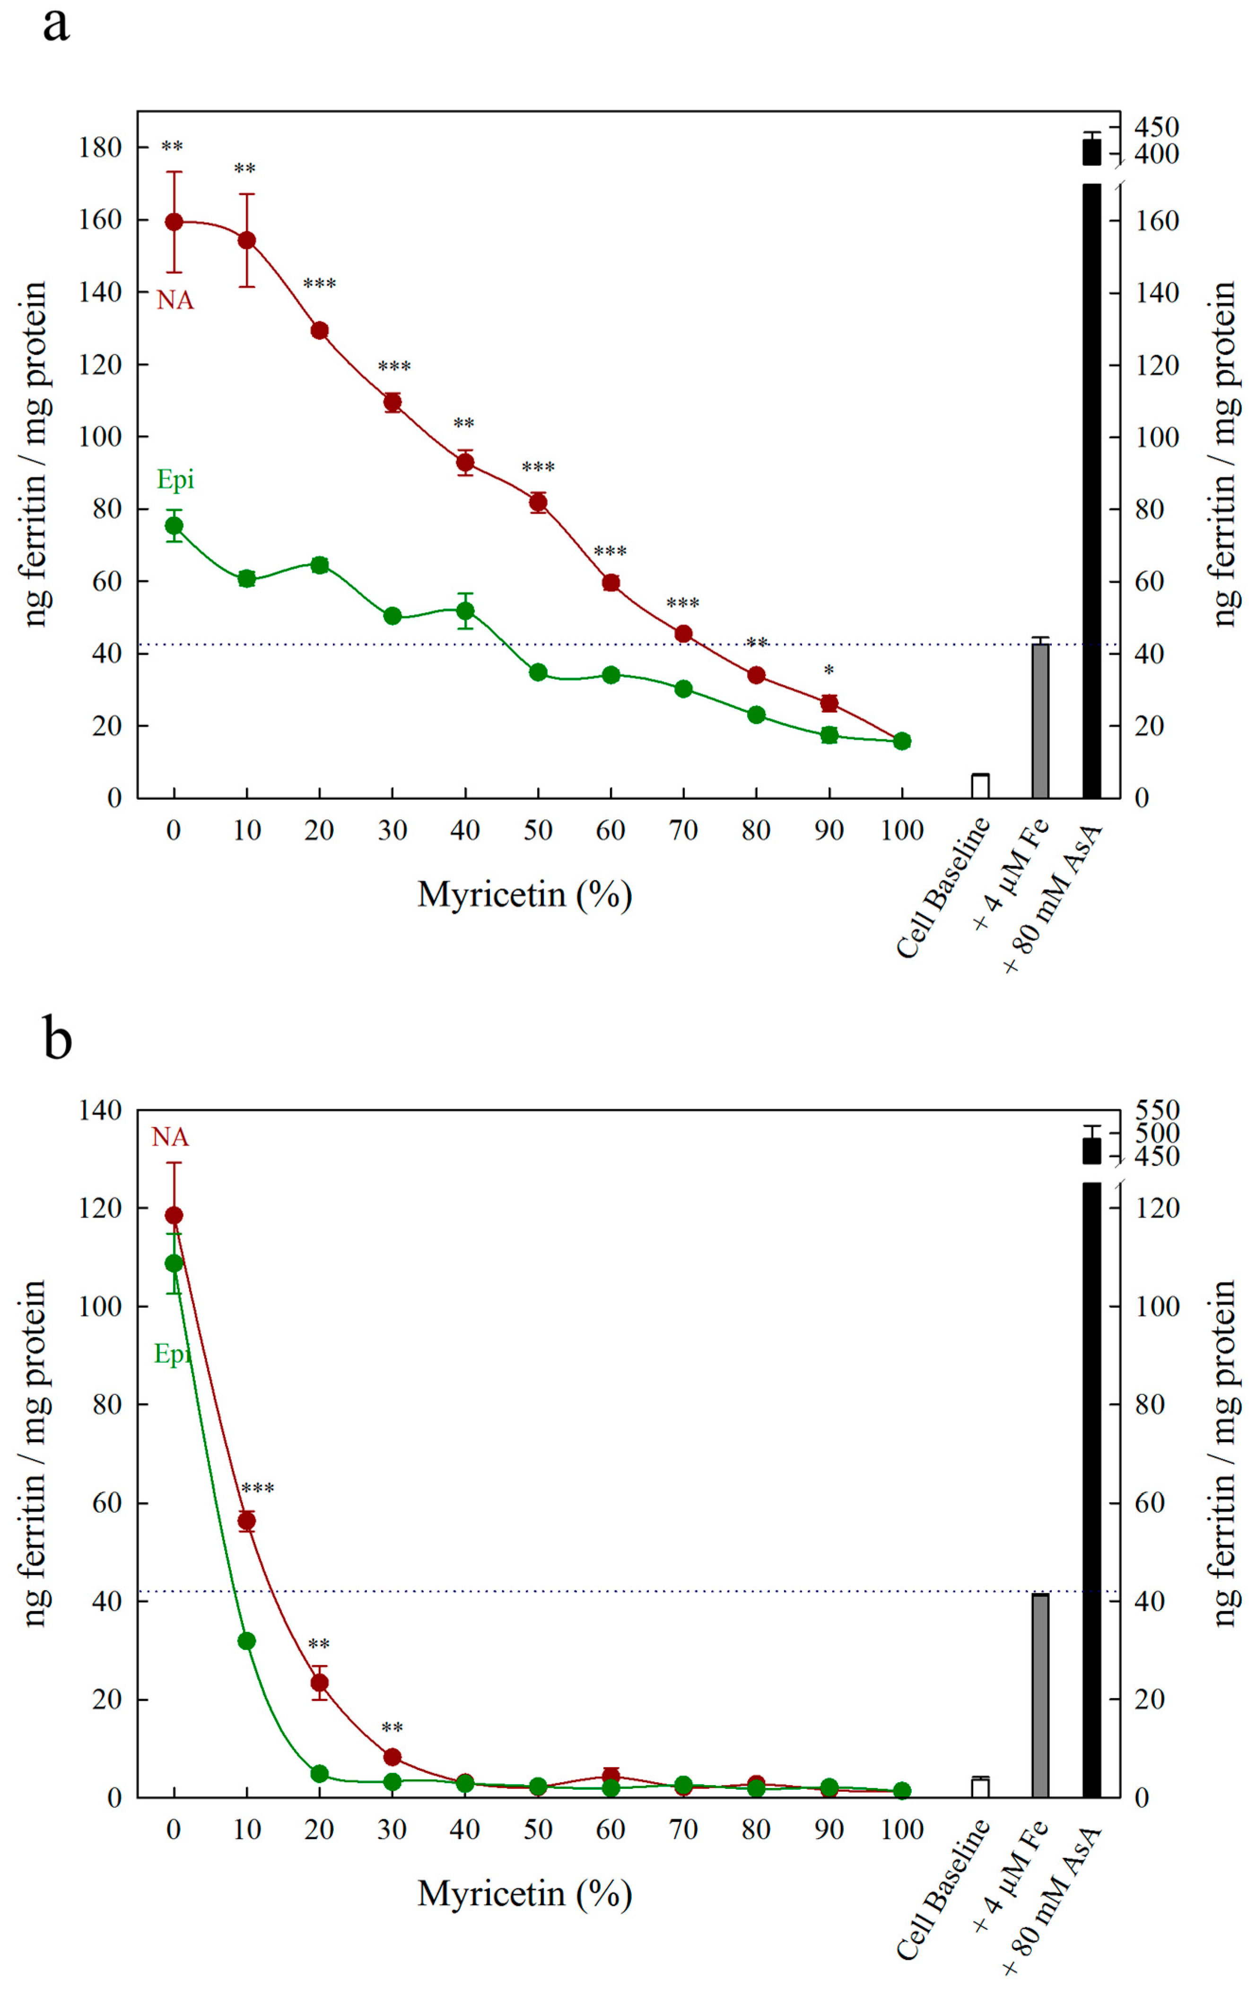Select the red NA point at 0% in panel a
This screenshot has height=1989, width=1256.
(x=174, y=221)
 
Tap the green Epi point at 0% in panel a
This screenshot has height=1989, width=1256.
(x=174, y=526)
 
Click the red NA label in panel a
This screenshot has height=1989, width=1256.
(x=175, y=301)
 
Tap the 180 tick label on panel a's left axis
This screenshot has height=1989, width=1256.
(x=100, y=148)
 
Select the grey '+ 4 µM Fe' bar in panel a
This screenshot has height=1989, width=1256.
(x=1040, y=720)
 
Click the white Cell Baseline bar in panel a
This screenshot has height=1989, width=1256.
(x=980, y=786)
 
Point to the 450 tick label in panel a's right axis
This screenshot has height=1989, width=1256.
(x=1156, y=127)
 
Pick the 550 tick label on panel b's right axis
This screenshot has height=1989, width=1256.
(x=1156, y=1110)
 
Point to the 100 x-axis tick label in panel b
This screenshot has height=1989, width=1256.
(x=902, y=1831)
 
